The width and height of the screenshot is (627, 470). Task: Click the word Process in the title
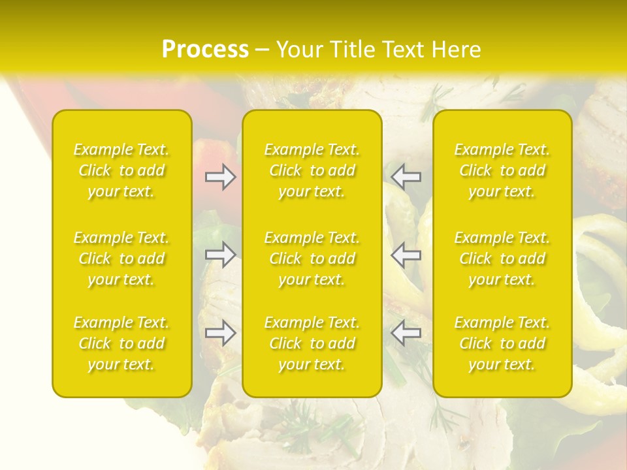point(205,50)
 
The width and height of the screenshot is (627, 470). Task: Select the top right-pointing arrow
point(220,177)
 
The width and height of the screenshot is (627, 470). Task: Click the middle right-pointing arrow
point(220,254)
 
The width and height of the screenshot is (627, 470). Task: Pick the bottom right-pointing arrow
point(220,333)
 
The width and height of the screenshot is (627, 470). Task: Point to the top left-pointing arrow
point(406,177)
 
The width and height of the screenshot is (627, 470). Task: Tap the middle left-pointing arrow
point(406,254)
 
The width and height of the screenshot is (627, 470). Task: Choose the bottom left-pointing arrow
point(406,333)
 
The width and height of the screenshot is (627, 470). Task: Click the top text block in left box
point(121,170)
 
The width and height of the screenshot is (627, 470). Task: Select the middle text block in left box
point(121,258)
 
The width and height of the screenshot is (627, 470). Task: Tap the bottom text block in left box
point(121,343)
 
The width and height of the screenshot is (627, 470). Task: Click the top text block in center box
point(312,170)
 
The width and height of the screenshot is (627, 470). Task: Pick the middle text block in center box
point(312,258)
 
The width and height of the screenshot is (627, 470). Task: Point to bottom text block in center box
point(312,343)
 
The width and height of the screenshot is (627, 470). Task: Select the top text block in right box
point(502,170)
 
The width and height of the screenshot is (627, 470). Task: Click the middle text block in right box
point(502,258)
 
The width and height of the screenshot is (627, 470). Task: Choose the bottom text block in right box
point(502,343)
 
